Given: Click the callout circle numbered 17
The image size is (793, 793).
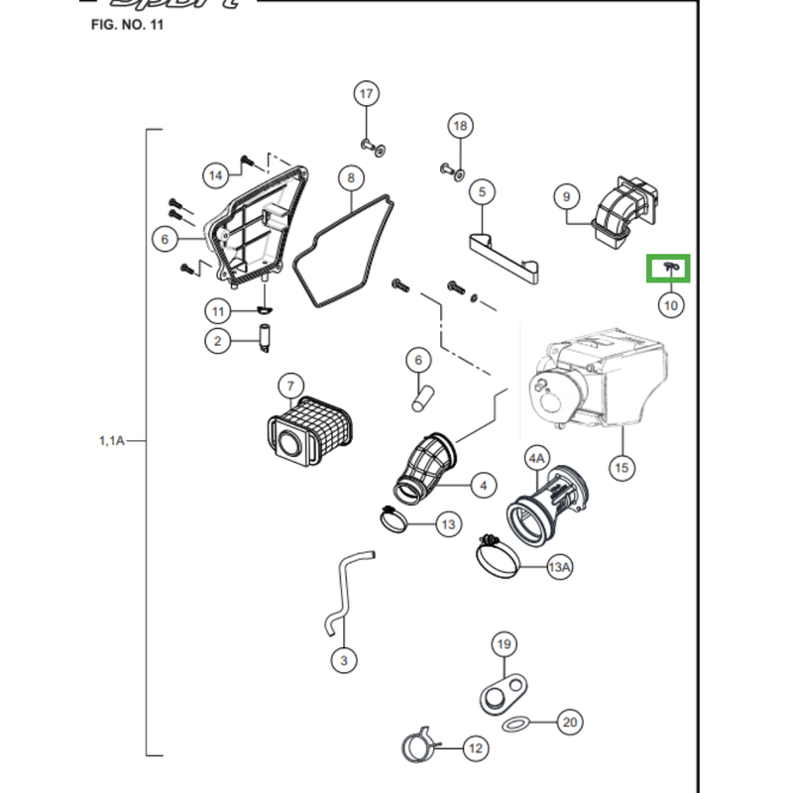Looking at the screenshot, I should pyautogui.click(x=367, y=94).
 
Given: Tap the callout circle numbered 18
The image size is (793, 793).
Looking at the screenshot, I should pyautogui.click(x=459, y=126).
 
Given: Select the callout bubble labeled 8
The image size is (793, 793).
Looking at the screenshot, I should pyautogui.click(x=350, y=178).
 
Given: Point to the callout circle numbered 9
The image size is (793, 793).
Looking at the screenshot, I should pyautogui.click(x=566, y=197).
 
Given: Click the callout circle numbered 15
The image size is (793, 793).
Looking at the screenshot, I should pyautogui.click(x=622, y=467).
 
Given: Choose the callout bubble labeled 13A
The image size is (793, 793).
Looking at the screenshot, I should pyautogui.click(x=560, y=567).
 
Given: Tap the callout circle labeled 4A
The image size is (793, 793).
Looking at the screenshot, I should pyautogui.click(x=536, y=459).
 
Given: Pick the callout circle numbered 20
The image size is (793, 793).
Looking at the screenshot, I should pyautogui.click(x=569, y=723).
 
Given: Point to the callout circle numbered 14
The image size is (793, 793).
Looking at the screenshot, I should pyautogui.click(x=216, y=175).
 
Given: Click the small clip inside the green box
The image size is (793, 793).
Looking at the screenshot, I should pyautogui.click(x=669, y=266).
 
